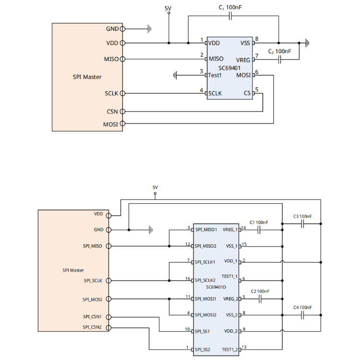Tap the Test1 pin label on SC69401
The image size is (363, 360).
pyautogui.click(x=215, y=75)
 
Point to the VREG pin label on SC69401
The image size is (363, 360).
pyautogui.click(x=243, y=60)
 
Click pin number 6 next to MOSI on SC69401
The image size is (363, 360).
pyautogui.click(x=257, y=72)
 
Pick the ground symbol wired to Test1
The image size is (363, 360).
pyautogui.click(x=176, y=75)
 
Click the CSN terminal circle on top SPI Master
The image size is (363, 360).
pyautogui.click(x=122, y=112)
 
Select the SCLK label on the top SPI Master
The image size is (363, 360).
pyautogui.click(x=111, y=93)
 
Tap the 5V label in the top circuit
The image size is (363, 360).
pyautogui.click(x=168, y=8)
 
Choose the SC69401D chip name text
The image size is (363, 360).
pyautogui.click(x=216, y=287)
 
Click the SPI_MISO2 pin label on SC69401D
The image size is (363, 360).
pyautogui.click(x=206, y=246)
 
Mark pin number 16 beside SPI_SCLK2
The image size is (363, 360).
pyautogui.click(x=188, y=278)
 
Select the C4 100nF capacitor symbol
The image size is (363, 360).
pyautogui.click(x=302, y=315)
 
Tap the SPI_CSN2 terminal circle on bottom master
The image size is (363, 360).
pyautogui.click(x=109, y=328)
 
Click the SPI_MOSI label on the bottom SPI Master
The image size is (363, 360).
pyautogui.click(x=93, y=299)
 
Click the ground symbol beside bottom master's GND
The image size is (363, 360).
pyautogui.click(x=151, y=230)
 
